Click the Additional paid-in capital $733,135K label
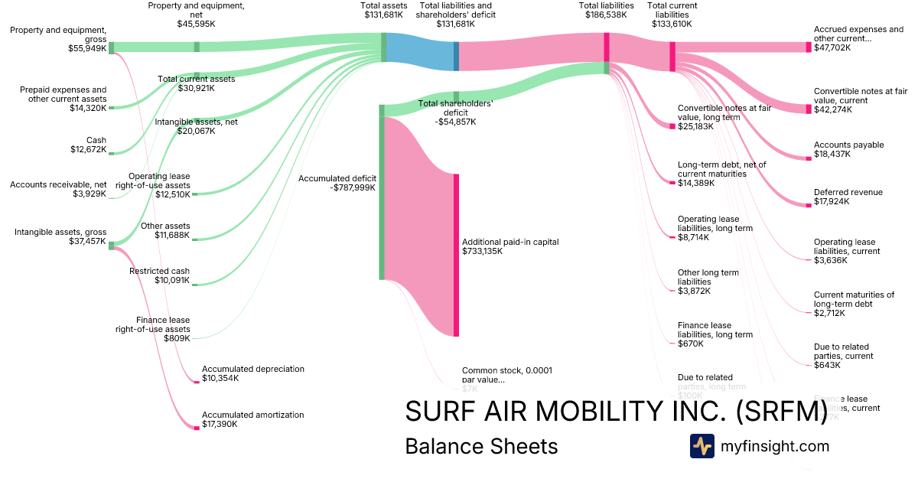point(510,246)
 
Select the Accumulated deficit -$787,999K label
point(337,183)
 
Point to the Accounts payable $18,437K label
point(848,149)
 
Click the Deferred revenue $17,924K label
point(848,197)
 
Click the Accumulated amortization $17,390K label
point(252,419)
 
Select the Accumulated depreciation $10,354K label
point(252,373)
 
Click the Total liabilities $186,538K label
point(606,10)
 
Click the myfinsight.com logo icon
point(702,446)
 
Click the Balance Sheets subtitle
point(481,446)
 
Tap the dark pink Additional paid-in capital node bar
point(456,255)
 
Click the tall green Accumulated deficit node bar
point(382,191)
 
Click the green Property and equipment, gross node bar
point(111,47)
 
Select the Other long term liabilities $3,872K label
point(708,282)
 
